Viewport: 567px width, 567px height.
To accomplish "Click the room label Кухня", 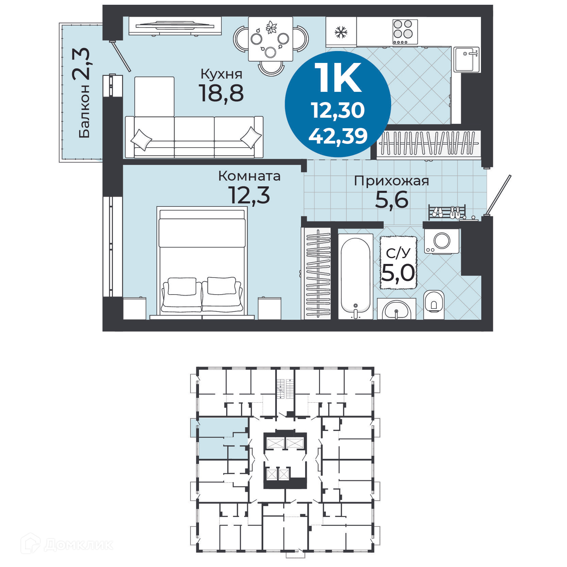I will pos(221,74).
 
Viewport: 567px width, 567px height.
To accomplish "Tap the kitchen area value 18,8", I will pos(221,94).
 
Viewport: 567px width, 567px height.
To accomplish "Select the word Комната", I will pos(249,176).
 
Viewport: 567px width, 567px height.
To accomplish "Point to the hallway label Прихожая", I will pos(391,181).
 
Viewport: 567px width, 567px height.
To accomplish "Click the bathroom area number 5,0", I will pos(398,273).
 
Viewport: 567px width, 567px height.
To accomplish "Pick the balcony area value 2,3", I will pos(81,64).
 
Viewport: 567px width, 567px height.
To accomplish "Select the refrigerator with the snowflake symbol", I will pos(340,32).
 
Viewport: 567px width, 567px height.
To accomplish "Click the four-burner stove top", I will pos(405,32).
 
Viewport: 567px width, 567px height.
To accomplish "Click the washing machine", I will pos(441,241).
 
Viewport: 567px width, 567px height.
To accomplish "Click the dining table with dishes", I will pos(270,39).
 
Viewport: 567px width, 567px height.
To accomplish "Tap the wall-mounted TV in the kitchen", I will pos(175,26).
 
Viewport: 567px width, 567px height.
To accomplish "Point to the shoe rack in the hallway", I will pos(446,212).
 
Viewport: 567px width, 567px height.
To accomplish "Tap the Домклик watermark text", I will pos(78,545).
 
